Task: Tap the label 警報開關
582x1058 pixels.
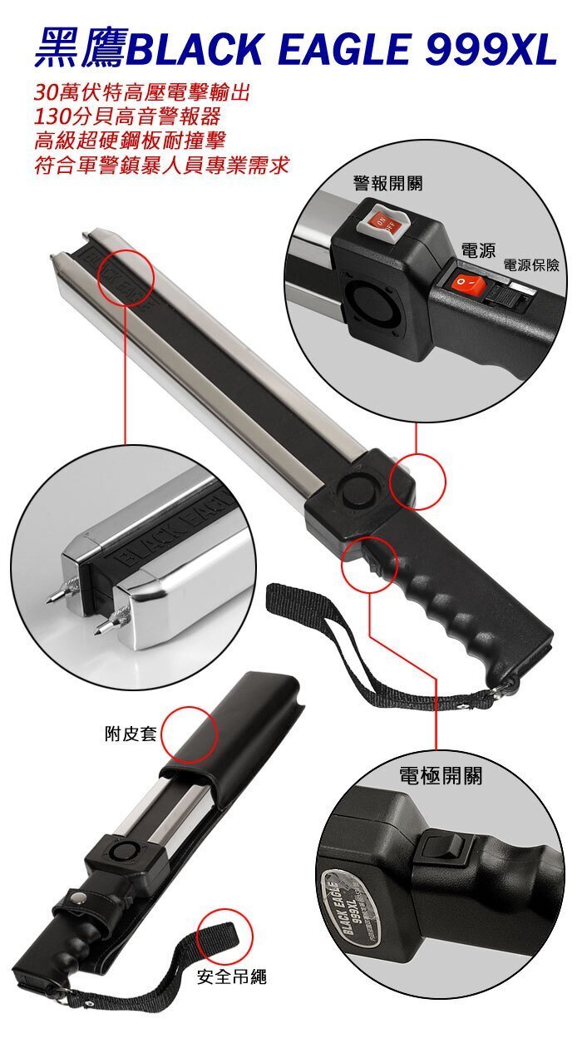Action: (387, 182)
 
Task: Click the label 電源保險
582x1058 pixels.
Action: (530, 265)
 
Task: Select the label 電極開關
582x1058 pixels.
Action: (440, 776)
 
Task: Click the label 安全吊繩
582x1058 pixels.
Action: (232, 977)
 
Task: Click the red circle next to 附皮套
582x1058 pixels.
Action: (189, 735)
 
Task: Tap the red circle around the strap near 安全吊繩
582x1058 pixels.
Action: (224, 936)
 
